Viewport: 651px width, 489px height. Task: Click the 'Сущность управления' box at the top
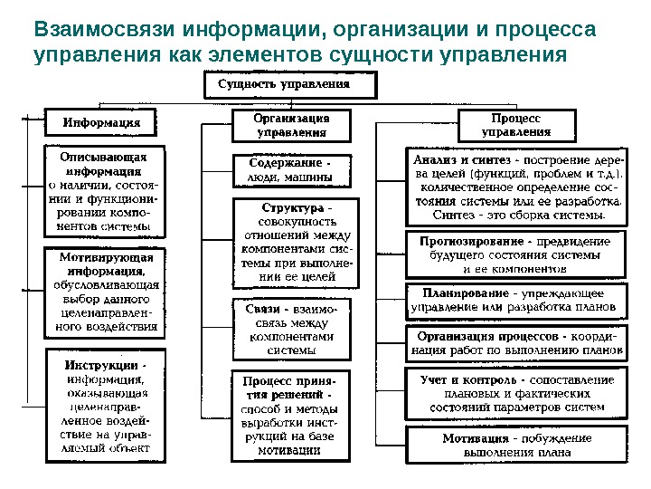coord(284,87)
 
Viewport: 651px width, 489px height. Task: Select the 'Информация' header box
coord(99,121)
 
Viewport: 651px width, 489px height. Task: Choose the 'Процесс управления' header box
coord(516,125)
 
